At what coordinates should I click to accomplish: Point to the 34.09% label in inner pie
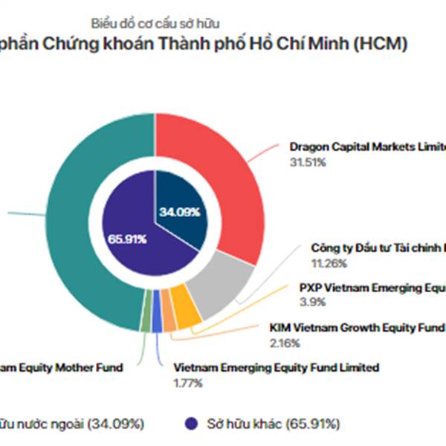tap(178, 212)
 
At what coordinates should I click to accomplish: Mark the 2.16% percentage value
tap(284, 343)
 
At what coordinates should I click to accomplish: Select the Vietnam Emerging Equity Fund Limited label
tap(276, 367)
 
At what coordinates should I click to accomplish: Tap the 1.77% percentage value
tap(188, 383)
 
